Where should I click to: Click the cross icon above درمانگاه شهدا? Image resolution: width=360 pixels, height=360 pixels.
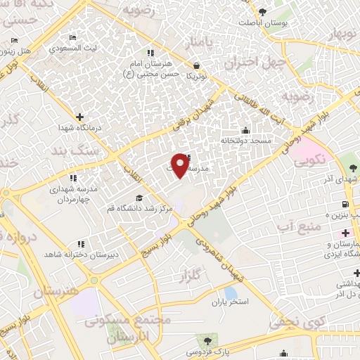point(79,117)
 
